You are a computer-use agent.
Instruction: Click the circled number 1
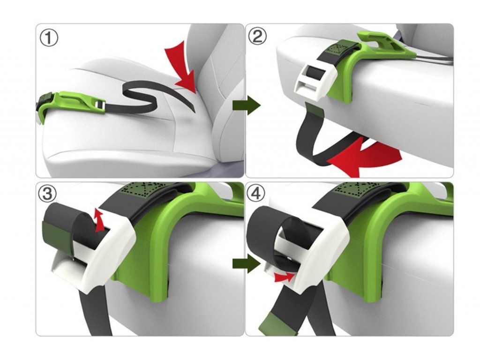pos(49,38)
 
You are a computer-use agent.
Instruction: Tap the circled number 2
pos(257,37)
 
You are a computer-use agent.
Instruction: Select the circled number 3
pos(47,194)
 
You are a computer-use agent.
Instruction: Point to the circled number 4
pos(256,194)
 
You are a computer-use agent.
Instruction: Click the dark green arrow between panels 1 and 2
pos(247,105)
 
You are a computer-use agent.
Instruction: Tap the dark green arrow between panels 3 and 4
pos(247,263)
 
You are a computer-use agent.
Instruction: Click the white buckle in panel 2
pos(315,79)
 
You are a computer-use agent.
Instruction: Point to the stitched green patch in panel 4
pos(355,187)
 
